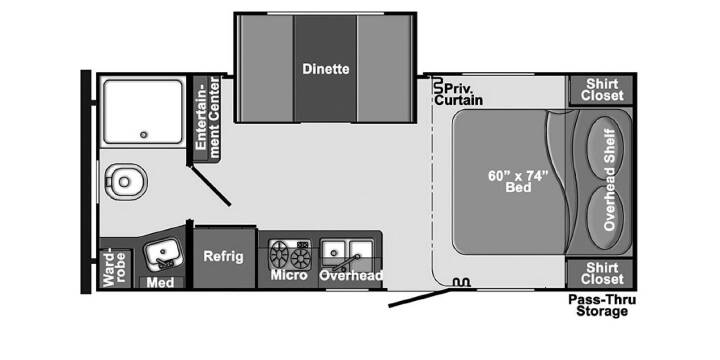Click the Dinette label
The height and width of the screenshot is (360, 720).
coord(326,69)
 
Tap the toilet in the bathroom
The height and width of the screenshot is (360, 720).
coord(125,182)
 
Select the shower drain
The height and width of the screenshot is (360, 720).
coord(144,135)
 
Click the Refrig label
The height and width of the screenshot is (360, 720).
coord(224,256)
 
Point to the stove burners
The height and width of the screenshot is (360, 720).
coord(290,254)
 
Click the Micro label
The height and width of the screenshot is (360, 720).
coord(289,275)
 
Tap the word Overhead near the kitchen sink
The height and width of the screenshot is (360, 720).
coord(351,276)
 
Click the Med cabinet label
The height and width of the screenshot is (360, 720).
coord(160,282)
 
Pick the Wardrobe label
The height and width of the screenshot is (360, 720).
coord(114,269)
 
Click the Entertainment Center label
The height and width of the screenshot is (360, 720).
coord(207,118)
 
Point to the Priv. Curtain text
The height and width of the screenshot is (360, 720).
coord(458,94)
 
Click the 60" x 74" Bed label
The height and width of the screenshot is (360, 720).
coord(518,181)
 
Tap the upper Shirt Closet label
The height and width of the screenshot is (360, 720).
coord(602,90)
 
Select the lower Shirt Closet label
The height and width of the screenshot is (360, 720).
coord(602,273)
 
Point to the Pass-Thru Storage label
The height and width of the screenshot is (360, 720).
coord(602,305)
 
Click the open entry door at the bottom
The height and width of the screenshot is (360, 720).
coord(419,298)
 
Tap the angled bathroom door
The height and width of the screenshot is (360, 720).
coord(210,186)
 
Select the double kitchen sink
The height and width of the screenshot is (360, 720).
coord(347,254)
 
